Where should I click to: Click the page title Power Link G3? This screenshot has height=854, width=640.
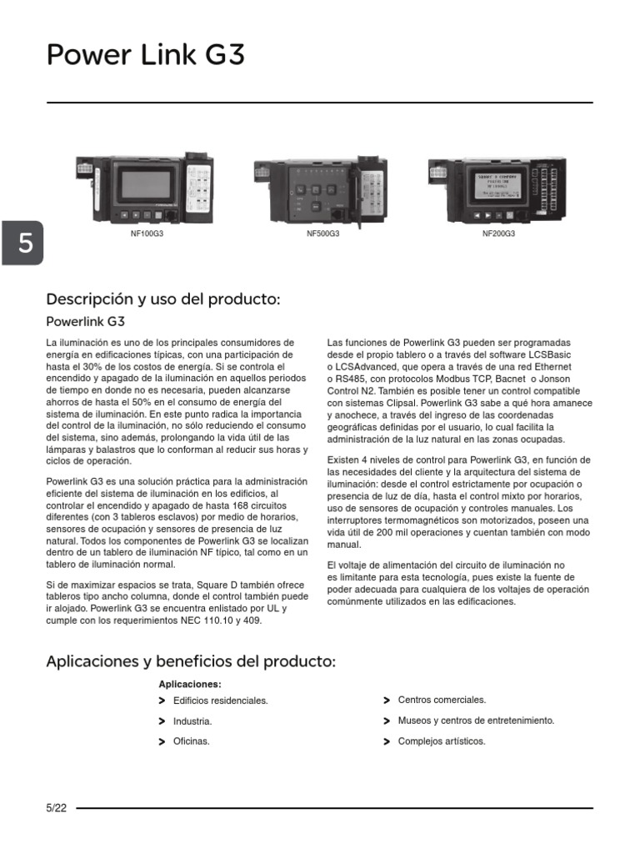146,56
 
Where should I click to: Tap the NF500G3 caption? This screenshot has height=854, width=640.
322,234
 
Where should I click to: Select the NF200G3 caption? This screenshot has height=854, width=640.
498,234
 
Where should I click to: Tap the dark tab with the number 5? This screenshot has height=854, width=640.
25,244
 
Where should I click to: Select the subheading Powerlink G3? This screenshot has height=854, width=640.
85,321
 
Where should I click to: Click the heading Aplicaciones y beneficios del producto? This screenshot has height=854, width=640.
191,661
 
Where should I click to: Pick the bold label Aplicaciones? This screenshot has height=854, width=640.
189,684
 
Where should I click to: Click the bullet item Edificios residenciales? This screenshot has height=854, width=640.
220,701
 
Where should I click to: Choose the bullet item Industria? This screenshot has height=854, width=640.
192,721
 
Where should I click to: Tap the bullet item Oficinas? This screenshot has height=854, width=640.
191,741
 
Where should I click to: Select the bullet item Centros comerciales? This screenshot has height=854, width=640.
442,701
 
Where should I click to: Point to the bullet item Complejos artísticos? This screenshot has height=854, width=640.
442,741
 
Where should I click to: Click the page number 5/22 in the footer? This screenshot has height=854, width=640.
57,808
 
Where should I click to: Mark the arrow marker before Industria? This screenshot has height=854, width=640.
161,721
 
